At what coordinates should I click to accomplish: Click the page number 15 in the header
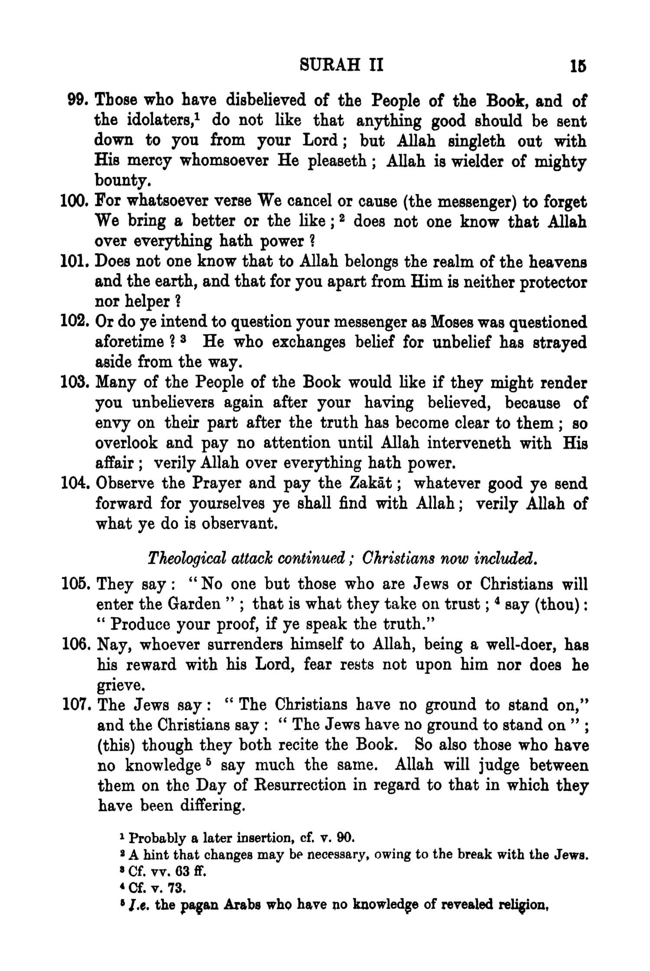pyautogui.click(x=578, y=67)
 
